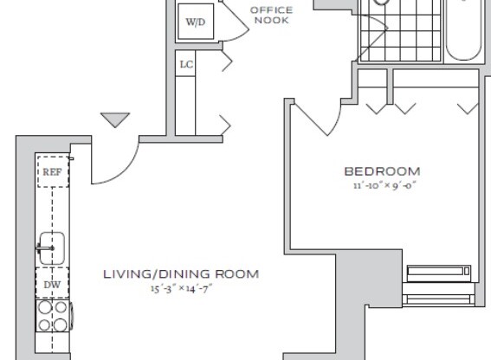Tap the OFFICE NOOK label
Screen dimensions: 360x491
click(x=271, y=15)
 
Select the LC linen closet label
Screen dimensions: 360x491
click(x=185, y=65)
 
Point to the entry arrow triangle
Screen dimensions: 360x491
click(x=113, y=119)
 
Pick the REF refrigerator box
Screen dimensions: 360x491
click(x=50, y=172)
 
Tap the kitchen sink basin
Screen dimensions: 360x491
click(x=51, y=248)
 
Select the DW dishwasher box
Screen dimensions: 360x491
click(x=51, y=284)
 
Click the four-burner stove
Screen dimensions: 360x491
click(x=52, y=316)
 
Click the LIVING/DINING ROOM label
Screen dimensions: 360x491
click(x=180, y=274)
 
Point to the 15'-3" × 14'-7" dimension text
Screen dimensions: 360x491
click(x=180, y=288)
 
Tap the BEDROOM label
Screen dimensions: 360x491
click(x=381, y=171)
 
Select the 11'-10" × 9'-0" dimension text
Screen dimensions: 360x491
click(x=381, y=184)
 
